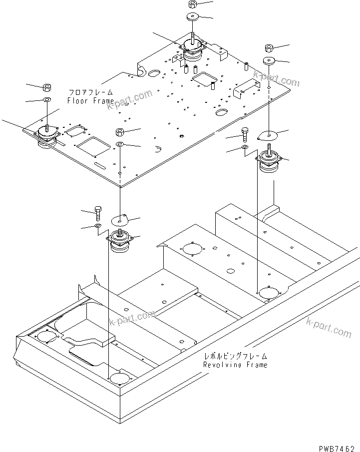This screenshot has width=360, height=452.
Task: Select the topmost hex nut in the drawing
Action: point(193,4)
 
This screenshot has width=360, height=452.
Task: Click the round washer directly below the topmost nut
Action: point(193,18)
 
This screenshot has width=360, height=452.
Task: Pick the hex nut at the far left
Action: point(46,88)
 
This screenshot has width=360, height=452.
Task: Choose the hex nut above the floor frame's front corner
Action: point(120,132)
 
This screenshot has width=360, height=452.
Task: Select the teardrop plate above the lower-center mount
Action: point(120,219)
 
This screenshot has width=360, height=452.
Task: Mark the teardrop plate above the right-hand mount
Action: point(269,134)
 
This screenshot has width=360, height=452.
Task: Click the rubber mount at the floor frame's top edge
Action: point(192,50)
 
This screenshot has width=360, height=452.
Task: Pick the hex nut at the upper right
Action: point(268,48)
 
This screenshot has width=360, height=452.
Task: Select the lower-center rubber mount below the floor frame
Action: point(121,242)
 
